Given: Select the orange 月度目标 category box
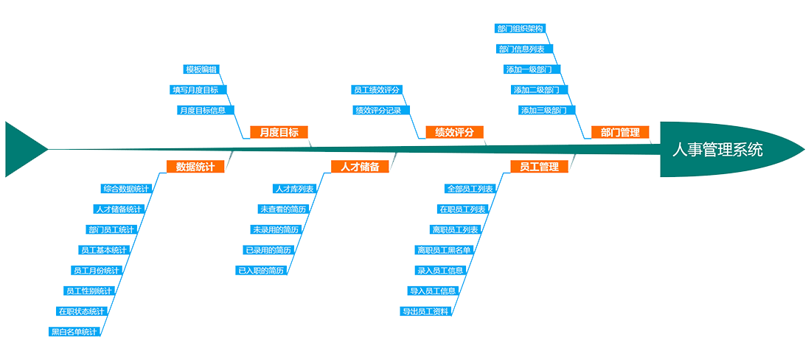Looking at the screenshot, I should click(x=279, y=132).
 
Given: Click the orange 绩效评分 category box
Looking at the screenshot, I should click(x=454, y=132).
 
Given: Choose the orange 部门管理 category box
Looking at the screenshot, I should click(x=620, y=132).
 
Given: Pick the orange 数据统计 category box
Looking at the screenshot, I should click(x=195, y=167).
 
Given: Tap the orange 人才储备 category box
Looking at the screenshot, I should click(x=360, y=167).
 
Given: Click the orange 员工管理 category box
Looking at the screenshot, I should click(x=539, y=167).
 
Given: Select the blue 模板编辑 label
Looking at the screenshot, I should click(x=201, y=69).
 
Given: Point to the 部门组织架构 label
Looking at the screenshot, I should click(x=521, y=29).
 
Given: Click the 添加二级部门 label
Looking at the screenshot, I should click(x=536, y=90).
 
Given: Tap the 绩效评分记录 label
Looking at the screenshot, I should click(x=378, y=111).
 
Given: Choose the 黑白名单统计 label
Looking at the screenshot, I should click(x=74, y=332).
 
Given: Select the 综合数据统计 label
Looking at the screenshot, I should click(x=126, y=189).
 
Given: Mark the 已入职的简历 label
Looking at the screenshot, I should click(x=260, y=271).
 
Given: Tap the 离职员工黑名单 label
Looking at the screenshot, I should click(x=443, y=250).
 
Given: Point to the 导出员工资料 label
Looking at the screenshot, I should click(x=425, y=311).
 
